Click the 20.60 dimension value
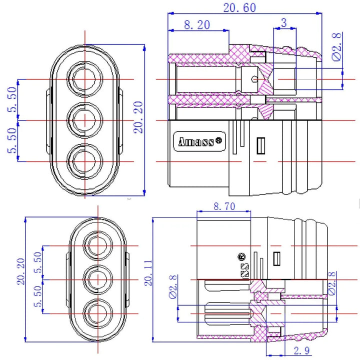(x=239, y=7)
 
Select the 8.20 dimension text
(x=196, y=24)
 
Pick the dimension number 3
(x=284, y=22)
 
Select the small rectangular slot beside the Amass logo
(x=260, y=145)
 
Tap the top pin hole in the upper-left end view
(x=85, y=79)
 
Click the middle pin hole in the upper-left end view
(x=85, y=120)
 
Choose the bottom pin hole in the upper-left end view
(x=85, y=161)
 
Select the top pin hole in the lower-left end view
(x=97, y=246)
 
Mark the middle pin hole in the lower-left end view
(x=97, y=279)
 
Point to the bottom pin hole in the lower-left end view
(x=97, y=313)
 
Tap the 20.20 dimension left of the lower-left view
(x=20, y=272)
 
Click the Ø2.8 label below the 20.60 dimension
(x=337, y=47)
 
